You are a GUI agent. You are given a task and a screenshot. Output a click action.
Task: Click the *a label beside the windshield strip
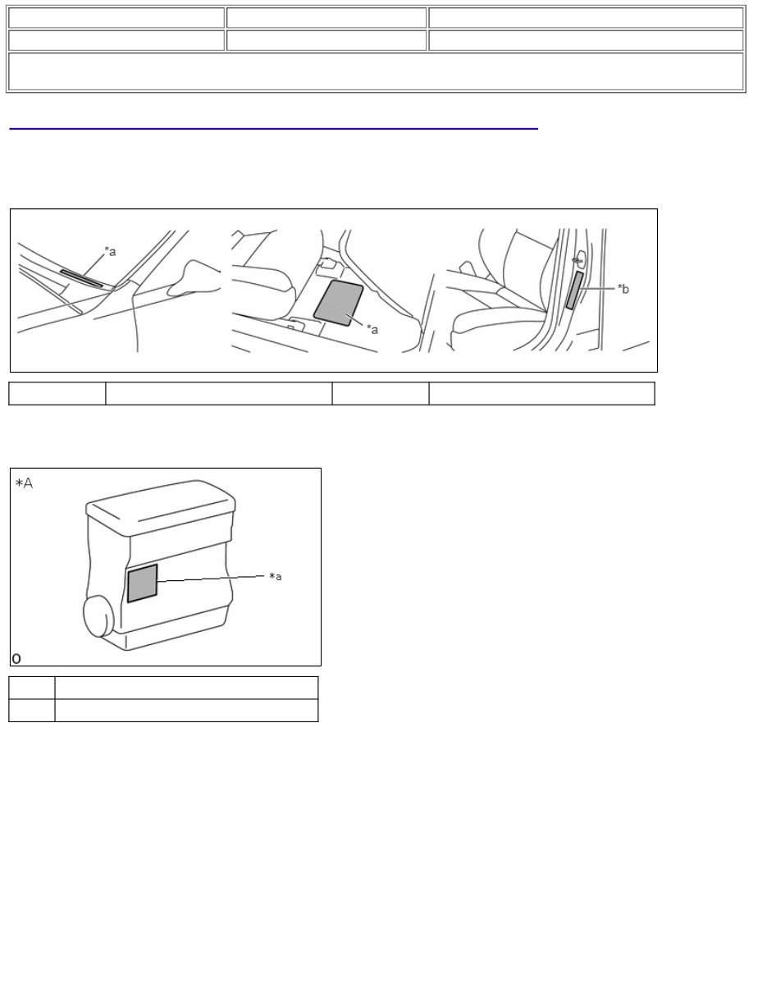pos(110,252)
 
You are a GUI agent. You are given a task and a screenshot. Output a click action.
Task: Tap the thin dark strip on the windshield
pos(81,279)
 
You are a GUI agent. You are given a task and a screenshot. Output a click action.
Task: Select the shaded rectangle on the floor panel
pos(339,303)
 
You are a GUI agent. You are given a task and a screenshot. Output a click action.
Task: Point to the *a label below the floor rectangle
pos(372,329)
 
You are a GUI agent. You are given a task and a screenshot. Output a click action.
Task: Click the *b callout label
pos(623,289)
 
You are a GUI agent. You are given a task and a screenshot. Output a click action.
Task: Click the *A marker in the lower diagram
pos(25,483)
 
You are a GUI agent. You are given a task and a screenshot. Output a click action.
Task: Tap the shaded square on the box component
pos(142,583)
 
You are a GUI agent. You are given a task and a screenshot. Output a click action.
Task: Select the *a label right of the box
pos(276,577)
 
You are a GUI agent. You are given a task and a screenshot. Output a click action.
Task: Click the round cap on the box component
pos(98,616)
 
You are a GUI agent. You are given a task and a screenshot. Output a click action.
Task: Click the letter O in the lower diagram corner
pos(16,658)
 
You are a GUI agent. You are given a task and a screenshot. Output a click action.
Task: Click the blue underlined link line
pos(273,129)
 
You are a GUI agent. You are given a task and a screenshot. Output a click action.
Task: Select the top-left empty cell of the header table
pos(116,18)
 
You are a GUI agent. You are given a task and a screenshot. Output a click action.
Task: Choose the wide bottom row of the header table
pos(376,71)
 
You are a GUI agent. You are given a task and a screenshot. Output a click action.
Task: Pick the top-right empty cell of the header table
pos(585,18)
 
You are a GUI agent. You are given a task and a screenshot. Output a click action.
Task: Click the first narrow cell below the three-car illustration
pos(57,394)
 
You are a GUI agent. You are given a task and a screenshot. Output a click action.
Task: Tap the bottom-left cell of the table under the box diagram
pos(32,711)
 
